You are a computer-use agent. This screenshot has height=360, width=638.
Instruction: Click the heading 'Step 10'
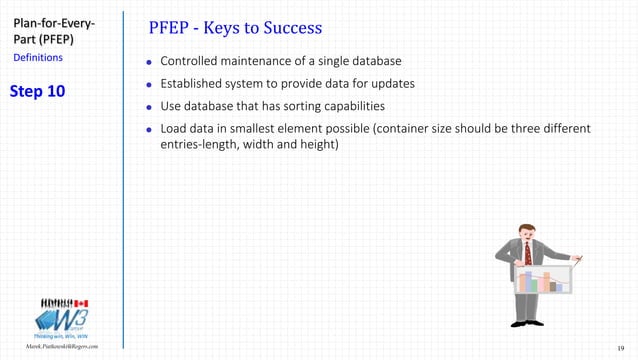coord(37,92)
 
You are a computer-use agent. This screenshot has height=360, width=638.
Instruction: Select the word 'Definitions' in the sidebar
coord(38,58)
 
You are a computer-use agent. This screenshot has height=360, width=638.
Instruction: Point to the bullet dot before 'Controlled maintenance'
coord(150,63)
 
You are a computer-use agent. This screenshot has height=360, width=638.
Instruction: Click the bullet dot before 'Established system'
coord(150,85)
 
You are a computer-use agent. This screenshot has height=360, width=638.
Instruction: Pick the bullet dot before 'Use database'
coord(150,107)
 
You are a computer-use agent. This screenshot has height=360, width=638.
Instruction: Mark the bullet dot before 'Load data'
coord(150,130)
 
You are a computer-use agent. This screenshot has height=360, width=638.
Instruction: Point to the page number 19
coord(621,347)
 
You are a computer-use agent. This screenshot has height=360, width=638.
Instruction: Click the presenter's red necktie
coord(527,253)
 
